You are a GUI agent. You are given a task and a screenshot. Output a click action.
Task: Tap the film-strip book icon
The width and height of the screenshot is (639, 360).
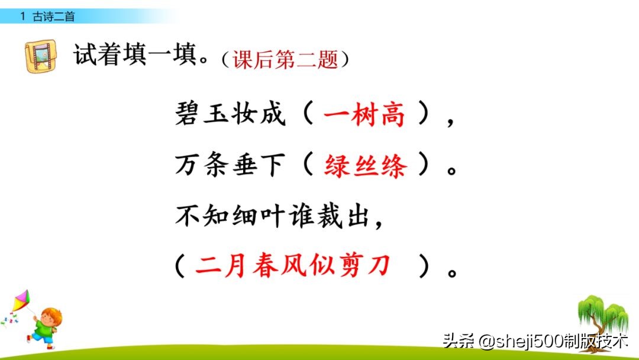coord(41,56)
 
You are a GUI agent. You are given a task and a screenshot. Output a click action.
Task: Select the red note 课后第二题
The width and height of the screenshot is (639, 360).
coord(286,59)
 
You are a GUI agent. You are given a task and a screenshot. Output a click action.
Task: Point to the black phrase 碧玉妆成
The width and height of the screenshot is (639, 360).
coord(230,115)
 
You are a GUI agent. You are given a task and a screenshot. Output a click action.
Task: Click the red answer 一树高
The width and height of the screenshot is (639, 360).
coord(364,115)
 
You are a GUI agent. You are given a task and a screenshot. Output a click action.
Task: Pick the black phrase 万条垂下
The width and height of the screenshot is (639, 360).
coord(230,167)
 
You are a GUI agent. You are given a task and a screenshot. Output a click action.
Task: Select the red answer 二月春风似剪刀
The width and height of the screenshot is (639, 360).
coord(293,266)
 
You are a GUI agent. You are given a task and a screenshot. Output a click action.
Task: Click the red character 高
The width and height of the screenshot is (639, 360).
coord(393,115)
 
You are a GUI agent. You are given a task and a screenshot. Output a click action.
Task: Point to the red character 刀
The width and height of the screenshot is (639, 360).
coord(378,266)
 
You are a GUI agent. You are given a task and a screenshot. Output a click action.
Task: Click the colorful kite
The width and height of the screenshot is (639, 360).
coord(20,302)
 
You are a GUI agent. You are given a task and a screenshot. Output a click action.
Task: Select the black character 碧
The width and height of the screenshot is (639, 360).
coord(189,115)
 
